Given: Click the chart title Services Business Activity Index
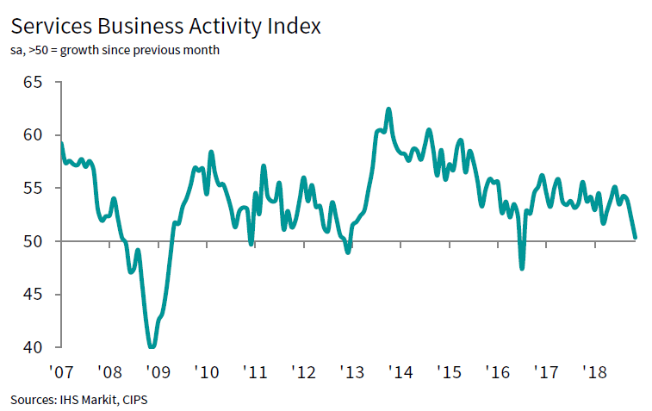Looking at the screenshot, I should (x=165, y=27).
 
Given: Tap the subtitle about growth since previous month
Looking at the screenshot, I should (x=115, y=50).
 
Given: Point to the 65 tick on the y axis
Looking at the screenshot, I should (x=34, y=82).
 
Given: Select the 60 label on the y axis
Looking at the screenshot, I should (x=34, y=135).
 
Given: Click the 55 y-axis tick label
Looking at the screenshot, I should (x=34, y=188).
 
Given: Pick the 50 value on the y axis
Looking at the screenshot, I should (x=34, y=241).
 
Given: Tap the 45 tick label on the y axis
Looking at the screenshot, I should (x=34, y=295).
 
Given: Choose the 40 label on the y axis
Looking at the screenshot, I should (x=34, y=347).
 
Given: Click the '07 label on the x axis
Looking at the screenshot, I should (x=60, y=372).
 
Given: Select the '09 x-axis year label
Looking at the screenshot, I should (x=158, y=372).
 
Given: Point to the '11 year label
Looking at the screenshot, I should (x=255, y=372).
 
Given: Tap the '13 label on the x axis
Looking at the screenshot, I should (x=352, y=372).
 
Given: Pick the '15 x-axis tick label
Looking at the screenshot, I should (x=450, y=372).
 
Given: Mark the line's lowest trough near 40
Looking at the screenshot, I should (x=152, y=346).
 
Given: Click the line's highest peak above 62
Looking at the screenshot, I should (x=388, y=109).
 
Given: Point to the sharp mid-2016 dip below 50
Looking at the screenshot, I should (x=522, y=268).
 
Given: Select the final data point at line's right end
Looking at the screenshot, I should (x=635, y=237).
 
